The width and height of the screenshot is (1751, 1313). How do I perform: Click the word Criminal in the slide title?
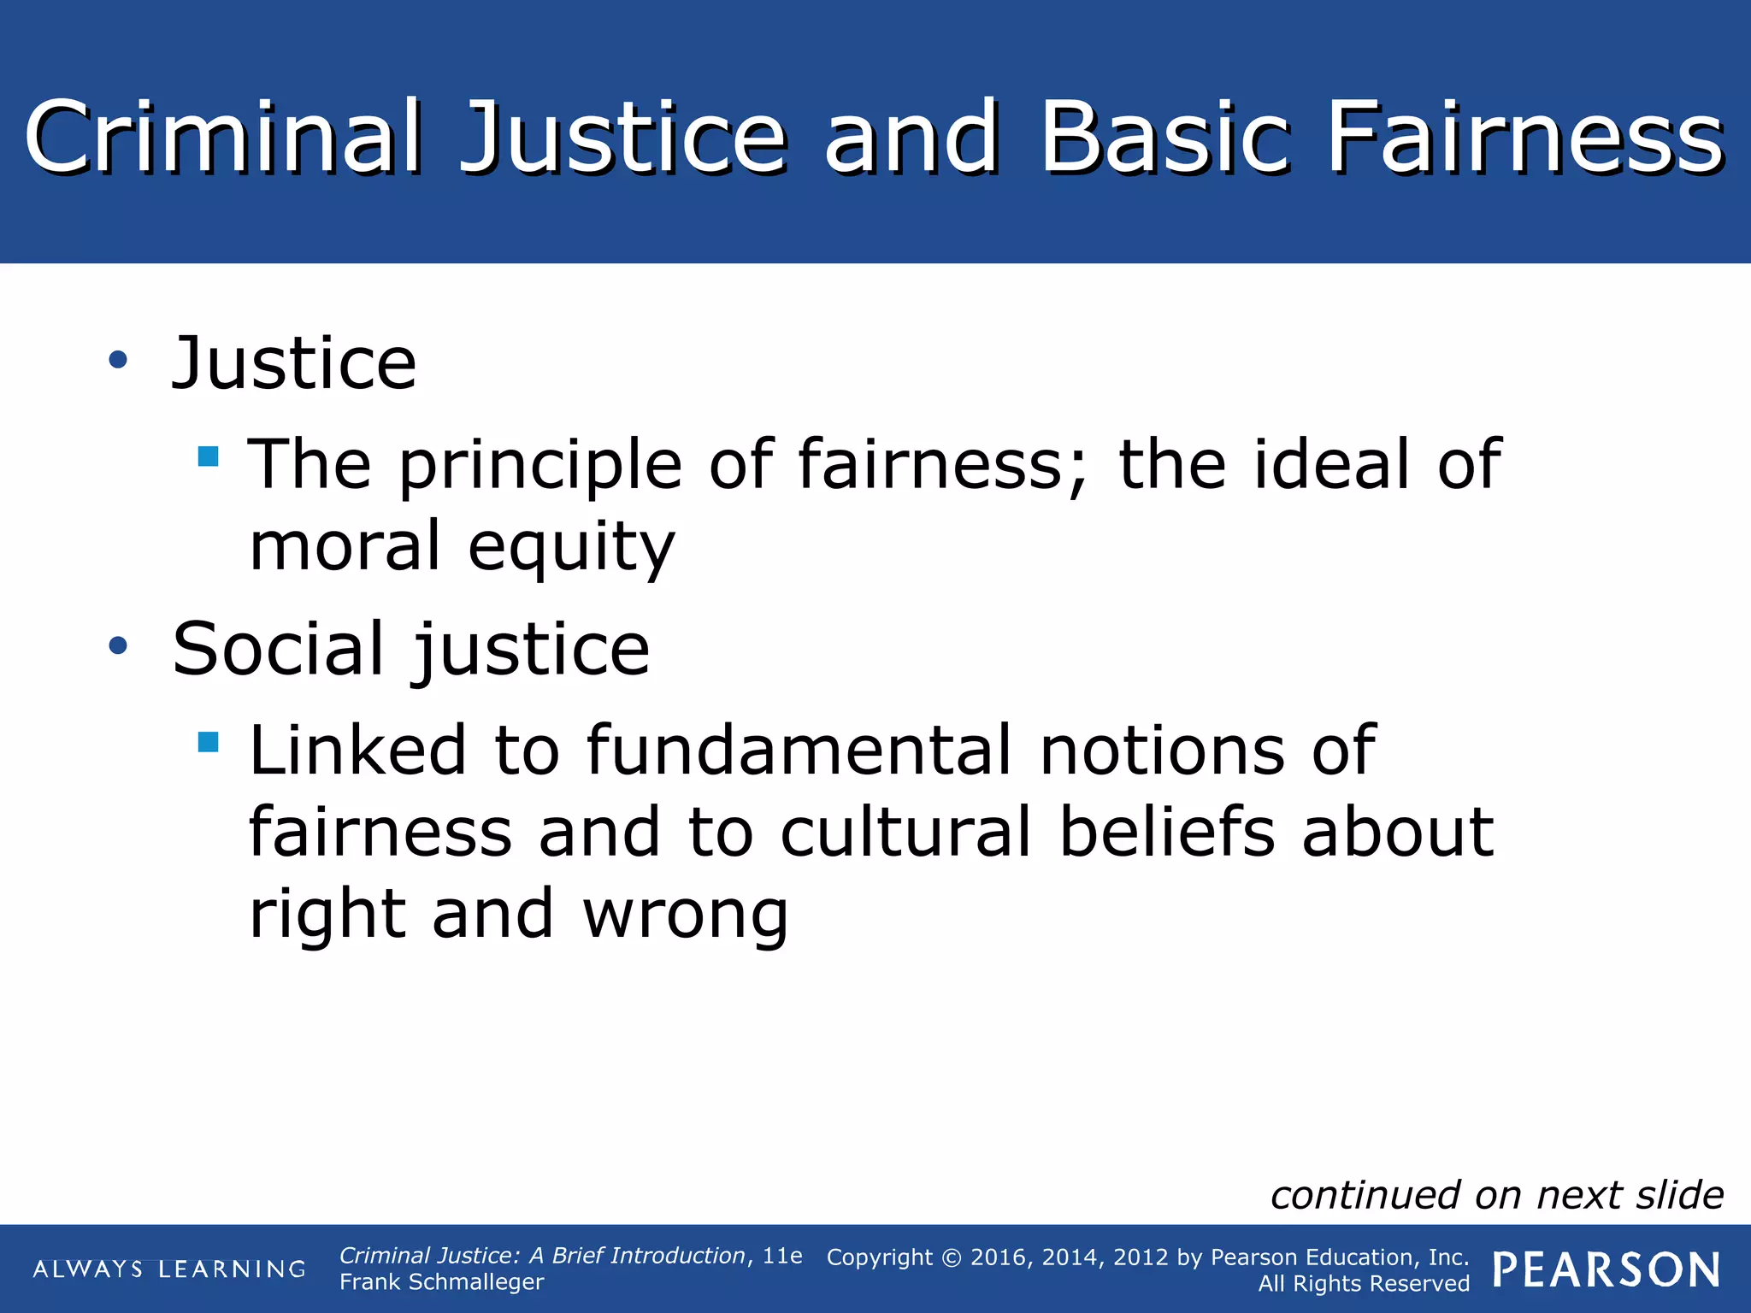[x=224, y=137]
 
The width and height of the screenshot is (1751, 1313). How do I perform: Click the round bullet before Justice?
[x=118, y=361]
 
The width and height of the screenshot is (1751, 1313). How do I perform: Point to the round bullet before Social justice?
[x=118, y=646]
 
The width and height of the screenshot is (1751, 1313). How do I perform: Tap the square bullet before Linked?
[x=208, y=740]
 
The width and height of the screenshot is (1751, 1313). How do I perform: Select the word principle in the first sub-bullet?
[x=540, y=466]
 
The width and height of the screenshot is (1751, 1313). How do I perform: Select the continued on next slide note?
[x=1497, y=1195]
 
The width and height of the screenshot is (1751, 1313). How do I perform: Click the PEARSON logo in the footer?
[x=1607, y=1270]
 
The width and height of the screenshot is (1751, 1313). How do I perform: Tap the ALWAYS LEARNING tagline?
[x=169, y=1269]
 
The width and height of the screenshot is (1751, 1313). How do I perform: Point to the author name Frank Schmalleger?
[x=441, y=1282]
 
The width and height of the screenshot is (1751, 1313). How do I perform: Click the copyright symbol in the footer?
[x=952, y=1257]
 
